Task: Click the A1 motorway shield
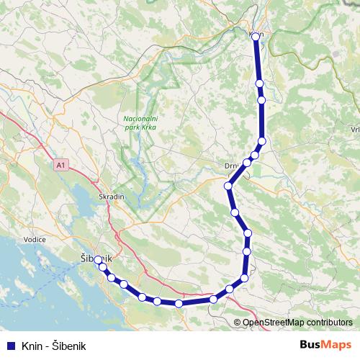click(x=61, y=165)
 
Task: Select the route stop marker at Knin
click(x=256, y=36)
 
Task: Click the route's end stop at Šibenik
click(x=99, y=260)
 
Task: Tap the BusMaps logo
click(x=325, y=343)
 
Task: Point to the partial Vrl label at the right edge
click(x=354, y=130)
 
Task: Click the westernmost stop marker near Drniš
click(x=228, y=186)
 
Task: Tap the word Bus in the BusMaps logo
click(x=311, y=343)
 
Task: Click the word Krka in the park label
click(x=148, y=127)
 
